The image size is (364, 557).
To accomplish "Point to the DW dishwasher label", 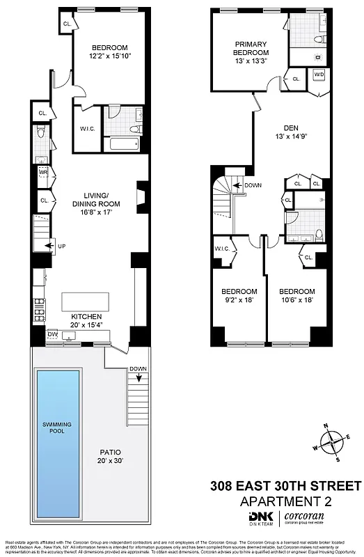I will (52, 335).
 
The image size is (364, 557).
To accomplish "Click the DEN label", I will (290, 127).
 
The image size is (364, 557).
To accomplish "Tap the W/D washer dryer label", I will (319, 74).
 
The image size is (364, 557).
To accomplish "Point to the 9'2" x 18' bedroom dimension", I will (239, 300).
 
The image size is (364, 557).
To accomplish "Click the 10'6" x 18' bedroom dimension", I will (296, 300).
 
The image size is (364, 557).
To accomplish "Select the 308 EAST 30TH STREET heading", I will (285, 485).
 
